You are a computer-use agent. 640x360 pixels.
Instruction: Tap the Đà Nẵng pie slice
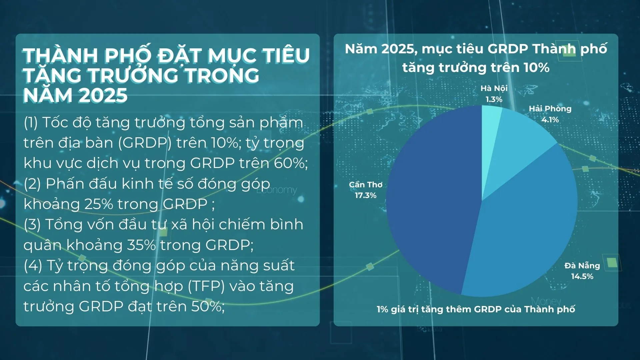pos(527,227)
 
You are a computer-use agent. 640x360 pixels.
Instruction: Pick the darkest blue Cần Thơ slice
pos(433,200)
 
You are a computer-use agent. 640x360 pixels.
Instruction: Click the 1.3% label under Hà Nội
pos(494,99)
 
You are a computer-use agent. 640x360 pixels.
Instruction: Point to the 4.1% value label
pos(550,120)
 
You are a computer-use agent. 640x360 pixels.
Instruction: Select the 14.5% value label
pos(582,276)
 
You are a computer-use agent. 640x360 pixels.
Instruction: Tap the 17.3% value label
pos(365,195)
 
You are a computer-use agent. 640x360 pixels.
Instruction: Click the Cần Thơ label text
pos(366,184)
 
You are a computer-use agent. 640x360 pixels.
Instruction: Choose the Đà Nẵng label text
pos(582,265)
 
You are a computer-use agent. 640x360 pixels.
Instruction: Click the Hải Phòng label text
pos(550,109)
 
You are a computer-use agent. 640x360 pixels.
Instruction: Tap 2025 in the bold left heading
pos(103,95)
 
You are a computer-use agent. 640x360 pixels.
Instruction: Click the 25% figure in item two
pos(99,204)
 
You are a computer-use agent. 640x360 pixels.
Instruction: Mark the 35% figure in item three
pos(141,245)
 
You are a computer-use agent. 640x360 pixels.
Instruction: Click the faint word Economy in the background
pos(277,190)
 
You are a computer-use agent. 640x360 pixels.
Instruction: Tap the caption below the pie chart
pos(476,309)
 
